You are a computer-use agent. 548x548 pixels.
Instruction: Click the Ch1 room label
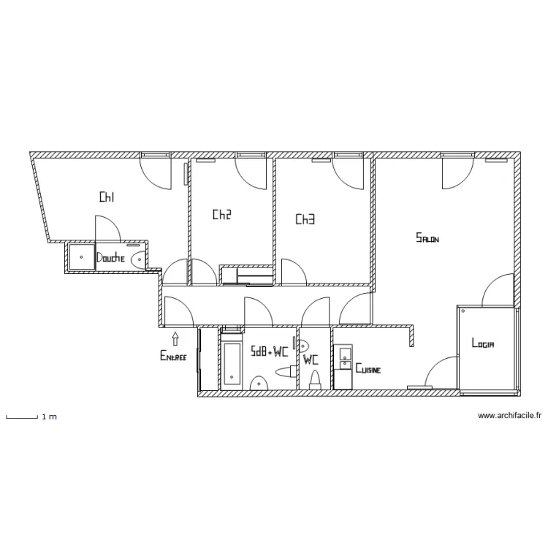107,197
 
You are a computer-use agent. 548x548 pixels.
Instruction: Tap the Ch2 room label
222,215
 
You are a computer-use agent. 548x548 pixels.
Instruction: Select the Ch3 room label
305,219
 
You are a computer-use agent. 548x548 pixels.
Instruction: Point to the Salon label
427,237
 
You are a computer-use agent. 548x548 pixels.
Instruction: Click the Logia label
484,343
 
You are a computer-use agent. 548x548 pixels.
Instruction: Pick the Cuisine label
369,370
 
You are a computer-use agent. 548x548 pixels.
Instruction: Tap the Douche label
110,258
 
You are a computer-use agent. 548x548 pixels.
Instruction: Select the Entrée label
173,357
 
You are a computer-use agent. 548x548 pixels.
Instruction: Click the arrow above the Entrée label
175,338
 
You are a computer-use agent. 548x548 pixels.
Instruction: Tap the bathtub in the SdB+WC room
232,362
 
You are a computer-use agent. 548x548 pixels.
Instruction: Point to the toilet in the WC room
316,378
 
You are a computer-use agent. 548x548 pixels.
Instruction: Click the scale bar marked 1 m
21,417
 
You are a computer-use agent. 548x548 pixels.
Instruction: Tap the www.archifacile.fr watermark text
509,416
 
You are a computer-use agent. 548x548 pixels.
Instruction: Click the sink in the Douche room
138,258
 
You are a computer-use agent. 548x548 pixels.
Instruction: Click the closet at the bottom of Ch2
247,275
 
